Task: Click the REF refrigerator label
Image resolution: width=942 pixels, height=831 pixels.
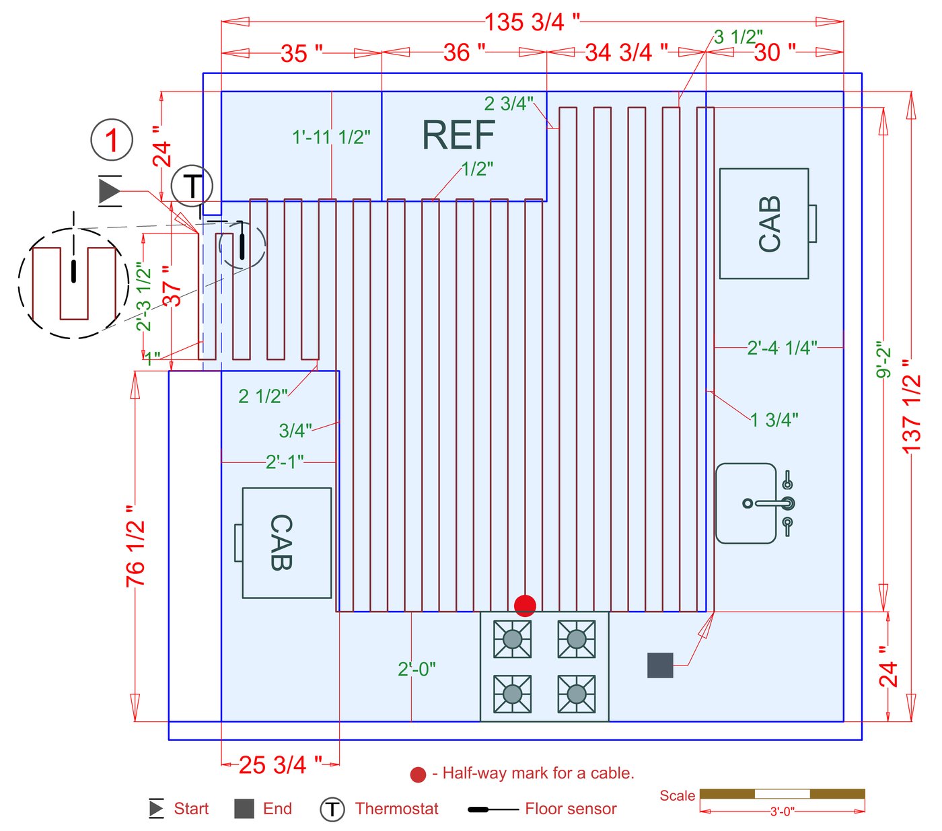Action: [x=458, y=135]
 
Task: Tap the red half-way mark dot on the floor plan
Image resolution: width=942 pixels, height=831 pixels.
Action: [x=525, y=606]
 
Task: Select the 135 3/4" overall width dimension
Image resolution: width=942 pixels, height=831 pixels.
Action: [x=532, y=22]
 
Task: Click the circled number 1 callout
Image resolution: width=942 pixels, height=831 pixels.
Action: [x=112, y=140]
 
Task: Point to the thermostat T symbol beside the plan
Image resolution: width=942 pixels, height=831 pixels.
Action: [x=192, y=186]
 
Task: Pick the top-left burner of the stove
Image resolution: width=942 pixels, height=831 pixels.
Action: [x=512, y=639]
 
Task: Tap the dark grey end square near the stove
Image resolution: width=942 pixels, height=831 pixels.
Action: [x=660, y=665]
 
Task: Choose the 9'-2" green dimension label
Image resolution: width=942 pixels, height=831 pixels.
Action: [x=884, y=359]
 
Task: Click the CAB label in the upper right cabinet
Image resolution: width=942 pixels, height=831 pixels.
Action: [x=769, y=224]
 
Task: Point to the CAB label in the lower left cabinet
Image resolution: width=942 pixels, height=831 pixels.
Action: [x=281, y=542]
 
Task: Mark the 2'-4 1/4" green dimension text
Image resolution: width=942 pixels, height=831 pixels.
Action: [x=782, y=348]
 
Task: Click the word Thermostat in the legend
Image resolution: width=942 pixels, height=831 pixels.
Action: [x=396, y=809]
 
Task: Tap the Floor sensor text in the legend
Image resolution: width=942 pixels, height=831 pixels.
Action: [x=571, y=809]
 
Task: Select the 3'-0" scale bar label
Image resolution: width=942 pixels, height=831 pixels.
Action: [x=782, y=811]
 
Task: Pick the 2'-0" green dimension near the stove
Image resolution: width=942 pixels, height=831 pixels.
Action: [x=416, y=670]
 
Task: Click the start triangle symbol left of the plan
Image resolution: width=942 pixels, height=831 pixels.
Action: [x=109, y=191]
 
